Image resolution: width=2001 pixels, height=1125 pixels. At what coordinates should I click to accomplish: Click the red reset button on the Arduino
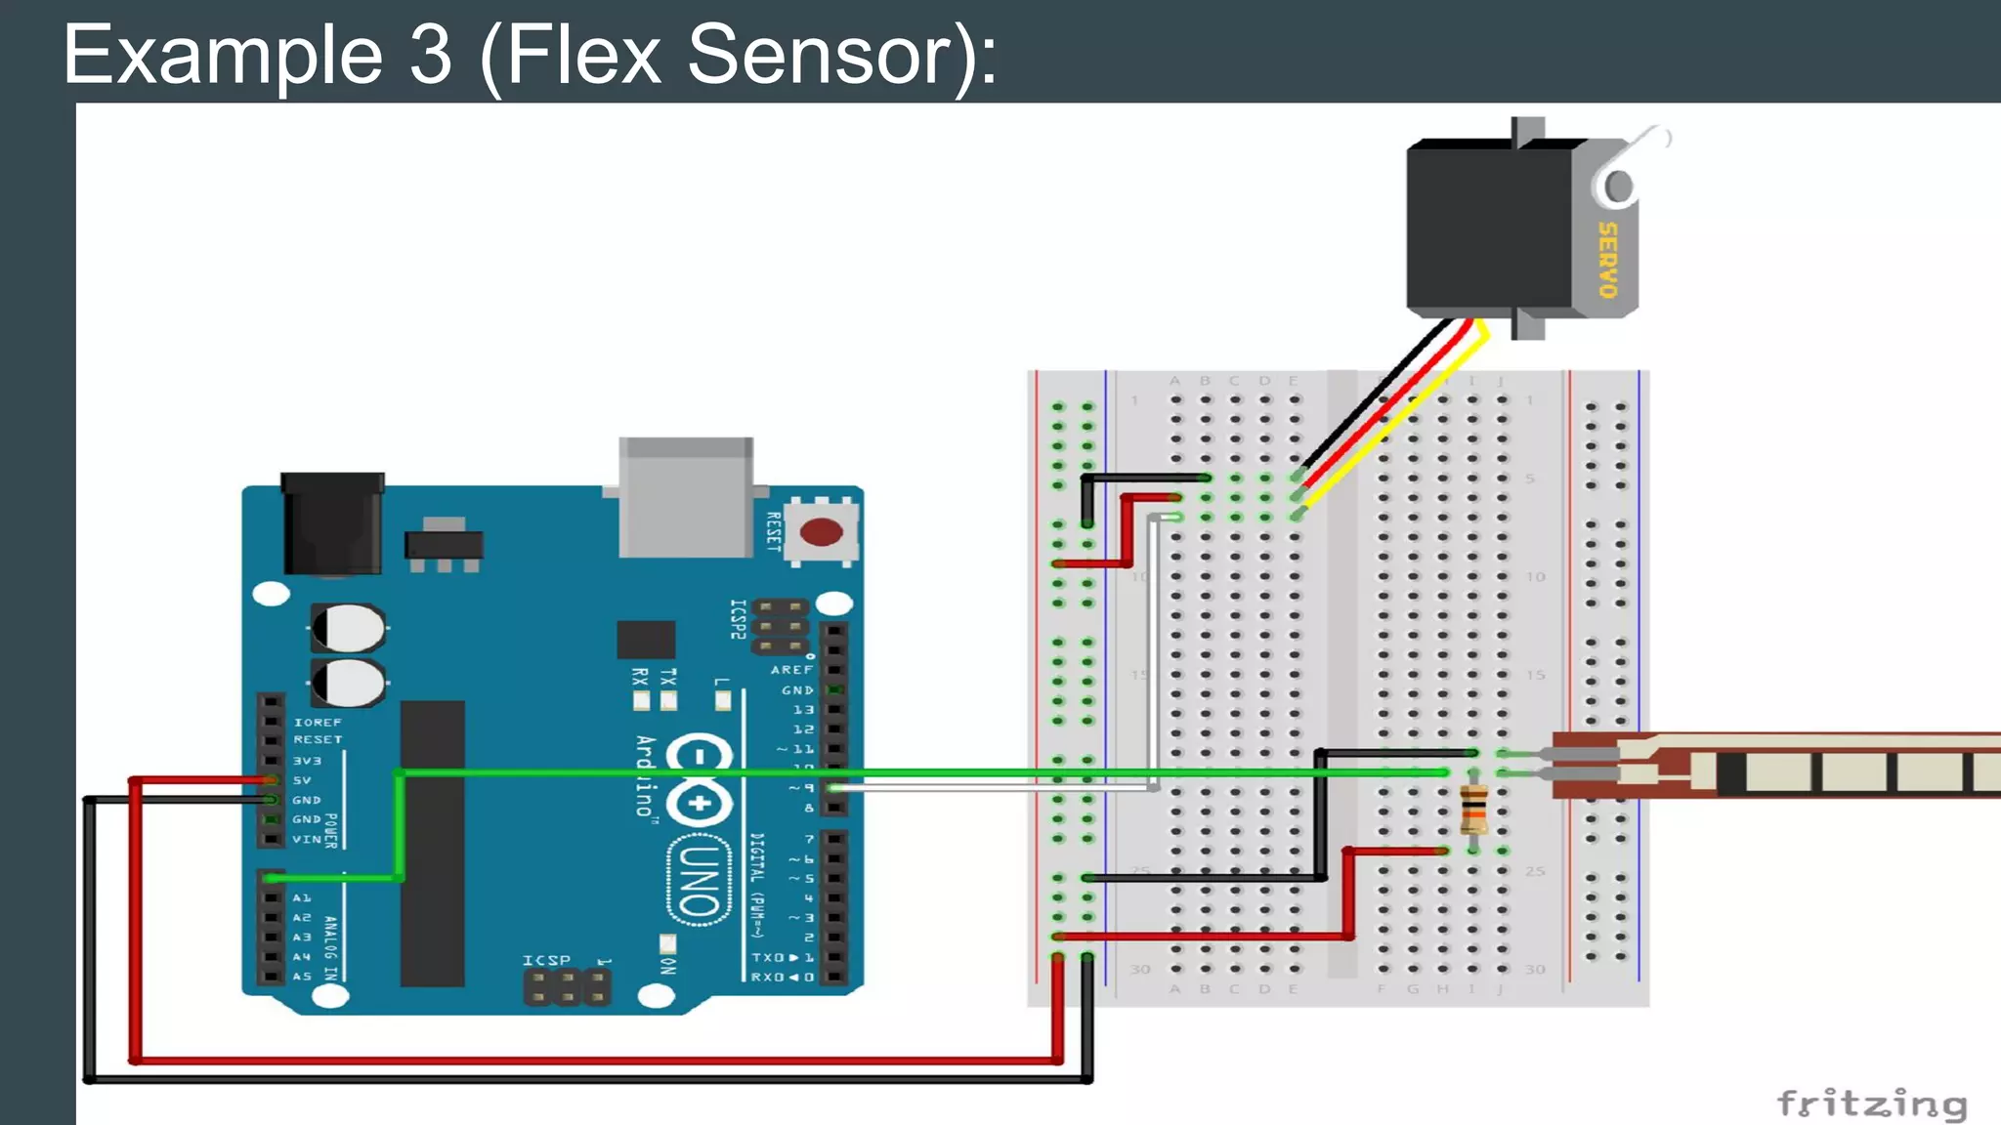(x=821, y=532)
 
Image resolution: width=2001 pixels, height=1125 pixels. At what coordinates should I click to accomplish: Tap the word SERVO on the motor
(x=1607, y=260)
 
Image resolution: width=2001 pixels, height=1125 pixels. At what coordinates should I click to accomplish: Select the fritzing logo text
(x=1871, y=1104)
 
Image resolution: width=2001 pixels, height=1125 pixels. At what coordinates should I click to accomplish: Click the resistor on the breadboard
(x=1473, y=810)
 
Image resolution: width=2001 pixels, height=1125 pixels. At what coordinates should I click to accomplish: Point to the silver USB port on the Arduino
(x=686, y=498)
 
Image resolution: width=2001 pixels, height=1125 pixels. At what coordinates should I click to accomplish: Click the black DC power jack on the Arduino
(x=332, y=523)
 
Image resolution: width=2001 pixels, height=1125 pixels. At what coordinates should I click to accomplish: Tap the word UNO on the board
(x=700, y=879)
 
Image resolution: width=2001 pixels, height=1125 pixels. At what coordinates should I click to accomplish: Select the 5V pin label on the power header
(x=302, y=780)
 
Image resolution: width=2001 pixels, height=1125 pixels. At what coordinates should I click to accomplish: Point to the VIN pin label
(x=306, y=839)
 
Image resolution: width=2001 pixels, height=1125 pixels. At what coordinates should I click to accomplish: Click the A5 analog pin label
(x=302, y=976)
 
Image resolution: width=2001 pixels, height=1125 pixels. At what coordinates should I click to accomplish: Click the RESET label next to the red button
(x=773, y=531)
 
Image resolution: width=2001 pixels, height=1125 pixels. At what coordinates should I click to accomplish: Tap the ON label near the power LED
(x=668, y=965)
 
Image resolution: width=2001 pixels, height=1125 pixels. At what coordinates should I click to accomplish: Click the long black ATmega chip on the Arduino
(x=432, y=844)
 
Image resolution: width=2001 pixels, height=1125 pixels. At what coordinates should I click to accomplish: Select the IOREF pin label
(x=318, y=723)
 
